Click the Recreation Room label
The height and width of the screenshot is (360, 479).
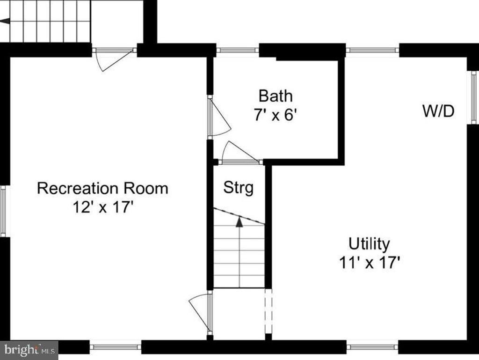102,188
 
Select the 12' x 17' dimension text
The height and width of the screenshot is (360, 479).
103,207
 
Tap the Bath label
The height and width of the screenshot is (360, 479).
276,96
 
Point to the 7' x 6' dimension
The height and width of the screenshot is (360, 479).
276,115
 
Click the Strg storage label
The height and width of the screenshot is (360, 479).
238,187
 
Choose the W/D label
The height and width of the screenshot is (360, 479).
438,111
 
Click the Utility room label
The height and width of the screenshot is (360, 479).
369,244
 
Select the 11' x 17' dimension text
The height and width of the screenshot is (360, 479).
370,263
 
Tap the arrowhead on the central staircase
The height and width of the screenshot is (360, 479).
239,222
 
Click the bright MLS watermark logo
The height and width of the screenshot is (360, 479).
29,349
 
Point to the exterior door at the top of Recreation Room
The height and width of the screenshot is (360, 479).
114,59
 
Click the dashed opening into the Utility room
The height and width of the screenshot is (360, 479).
268,311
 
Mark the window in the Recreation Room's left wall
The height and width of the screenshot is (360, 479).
3,211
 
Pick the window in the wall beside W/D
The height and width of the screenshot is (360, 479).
474,97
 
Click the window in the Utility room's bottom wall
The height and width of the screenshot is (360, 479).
372,347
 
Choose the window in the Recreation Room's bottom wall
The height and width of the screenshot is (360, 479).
116,347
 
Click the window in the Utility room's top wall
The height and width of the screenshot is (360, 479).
372,51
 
